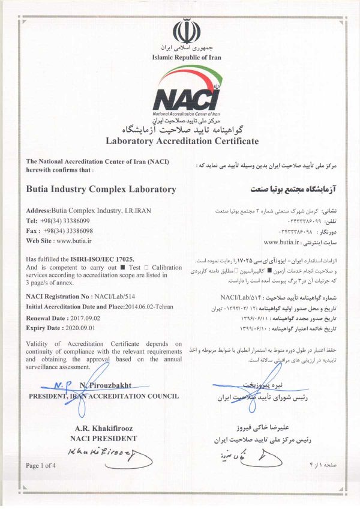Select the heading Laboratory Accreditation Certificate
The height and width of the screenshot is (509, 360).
click(x=182, y=142)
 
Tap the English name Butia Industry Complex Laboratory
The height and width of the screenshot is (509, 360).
click(x=101, y=189)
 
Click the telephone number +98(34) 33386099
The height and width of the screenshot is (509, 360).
click(x=68, y=221)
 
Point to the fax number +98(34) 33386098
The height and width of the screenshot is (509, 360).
click(x=68, y=230)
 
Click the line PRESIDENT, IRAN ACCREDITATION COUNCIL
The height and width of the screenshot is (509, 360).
click(x=103, y=396)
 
